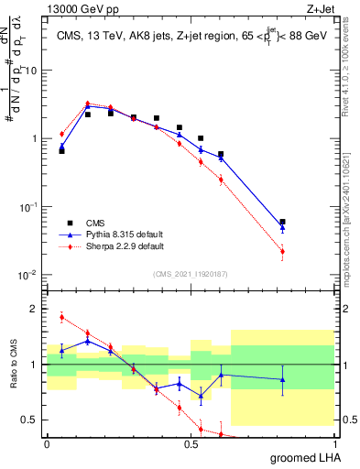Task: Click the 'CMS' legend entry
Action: (95, 223)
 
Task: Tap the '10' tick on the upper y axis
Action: (32, 71)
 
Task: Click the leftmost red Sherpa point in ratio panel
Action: (61, 317)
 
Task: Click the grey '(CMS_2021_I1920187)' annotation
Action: (191, 272)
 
